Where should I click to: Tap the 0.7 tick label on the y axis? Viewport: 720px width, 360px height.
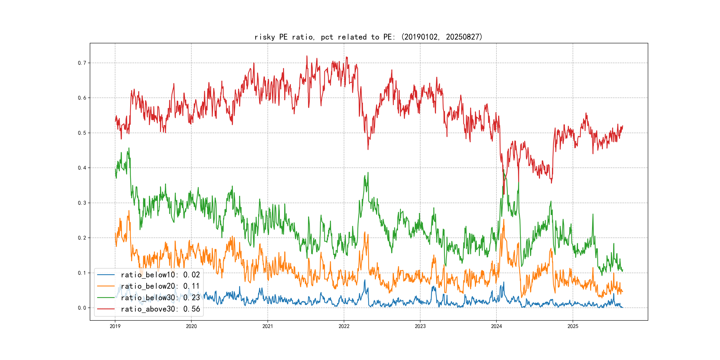tap(82, 63)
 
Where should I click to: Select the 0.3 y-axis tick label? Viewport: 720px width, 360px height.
tap(82, 203)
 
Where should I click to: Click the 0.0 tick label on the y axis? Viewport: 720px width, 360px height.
tap(82, 308)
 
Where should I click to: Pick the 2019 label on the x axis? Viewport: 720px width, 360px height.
tap(115, 326)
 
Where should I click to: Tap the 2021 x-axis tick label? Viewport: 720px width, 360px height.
tap(268, 326)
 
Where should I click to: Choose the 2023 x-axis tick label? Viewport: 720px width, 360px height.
tap(420, 326)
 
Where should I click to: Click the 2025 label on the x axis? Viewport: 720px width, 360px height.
tap(573, 326)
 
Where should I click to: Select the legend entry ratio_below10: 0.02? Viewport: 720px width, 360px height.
tap(160, 275)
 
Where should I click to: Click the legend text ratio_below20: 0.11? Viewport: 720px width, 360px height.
tap(160, 286)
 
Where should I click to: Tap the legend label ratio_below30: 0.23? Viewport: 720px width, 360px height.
tap(160, 298)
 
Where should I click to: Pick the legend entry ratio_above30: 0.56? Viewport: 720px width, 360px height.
tap(160, 309)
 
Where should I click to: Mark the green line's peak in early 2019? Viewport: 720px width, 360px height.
tap(129, 148)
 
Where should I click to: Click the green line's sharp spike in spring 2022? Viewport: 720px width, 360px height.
tap(368, 172)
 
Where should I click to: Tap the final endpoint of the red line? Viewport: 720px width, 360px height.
tap(623, 126)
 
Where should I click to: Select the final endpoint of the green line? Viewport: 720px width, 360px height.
tap(623, 270)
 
